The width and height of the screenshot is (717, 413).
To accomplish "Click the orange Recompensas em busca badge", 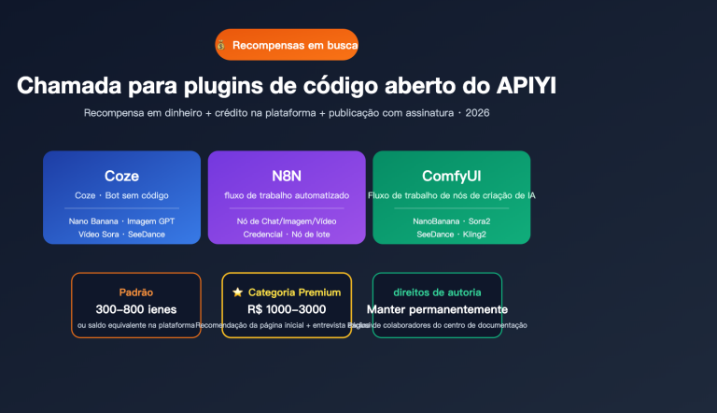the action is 287,44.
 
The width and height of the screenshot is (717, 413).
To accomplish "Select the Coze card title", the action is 121,176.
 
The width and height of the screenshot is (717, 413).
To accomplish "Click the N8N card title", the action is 287,176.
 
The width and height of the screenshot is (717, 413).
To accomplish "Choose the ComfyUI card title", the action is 451,176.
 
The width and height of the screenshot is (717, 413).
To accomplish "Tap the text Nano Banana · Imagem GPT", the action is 121,221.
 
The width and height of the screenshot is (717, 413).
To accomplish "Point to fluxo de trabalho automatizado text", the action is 287,195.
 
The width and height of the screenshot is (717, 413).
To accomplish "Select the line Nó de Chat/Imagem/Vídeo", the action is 287,221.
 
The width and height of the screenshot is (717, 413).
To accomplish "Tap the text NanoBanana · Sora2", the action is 451,221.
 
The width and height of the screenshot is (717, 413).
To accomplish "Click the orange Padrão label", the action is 136,292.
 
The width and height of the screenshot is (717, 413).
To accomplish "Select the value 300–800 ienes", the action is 136,309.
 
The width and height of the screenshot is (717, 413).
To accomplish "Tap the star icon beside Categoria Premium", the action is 238,292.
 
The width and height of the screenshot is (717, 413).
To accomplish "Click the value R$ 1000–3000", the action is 287,309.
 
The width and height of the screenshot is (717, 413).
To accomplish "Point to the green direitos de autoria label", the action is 437,292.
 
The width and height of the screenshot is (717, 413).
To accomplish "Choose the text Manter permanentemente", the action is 437,309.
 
